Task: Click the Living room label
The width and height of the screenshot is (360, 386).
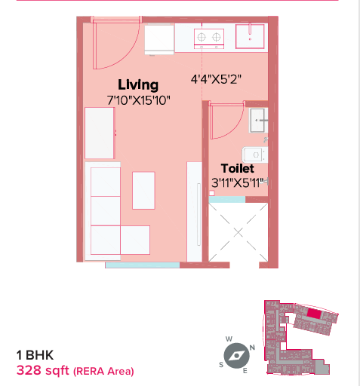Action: pos(138,85)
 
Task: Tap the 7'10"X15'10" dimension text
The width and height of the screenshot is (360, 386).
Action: pos(138,100)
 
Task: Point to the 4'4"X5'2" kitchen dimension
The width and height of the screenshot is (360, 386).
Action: pos(216,79)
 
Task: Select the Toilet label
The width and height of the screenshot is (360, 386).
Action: pos(238,168)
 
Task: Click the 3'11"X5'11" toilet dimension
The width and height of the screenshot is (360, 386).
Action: pos(238,182)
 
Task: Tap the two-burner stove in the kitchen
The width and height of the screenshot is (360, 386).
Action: pos(209,38)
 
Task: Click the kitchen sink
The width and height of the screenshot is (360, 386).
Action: pos(250,36)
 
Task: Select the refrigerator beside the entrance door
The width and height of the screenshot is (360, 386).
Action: pos(159,39)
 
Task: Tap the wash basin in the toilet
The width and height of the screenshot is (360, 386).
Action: pos(258,121)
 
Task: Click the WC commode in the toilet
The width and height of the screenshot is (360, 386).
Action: pos(255,155)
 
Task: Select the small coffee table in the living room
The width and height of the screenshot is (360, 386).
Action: pos(143,191)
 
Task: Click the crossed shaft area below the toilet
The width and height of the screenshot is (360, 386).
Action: pos(238,232)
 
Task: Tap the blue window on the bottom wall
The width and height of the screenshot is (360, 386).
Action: pos(143,265)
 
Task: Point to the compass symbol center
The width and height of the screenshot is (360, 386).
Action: pos(236,356)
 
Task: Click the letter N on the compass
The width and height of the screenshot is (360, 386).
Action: pos(252,348)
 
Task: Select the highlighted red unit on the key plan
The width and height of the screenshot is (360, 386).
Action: pos(314,314)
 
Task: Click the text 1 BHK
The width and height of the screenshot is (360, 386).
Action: pos(35,355)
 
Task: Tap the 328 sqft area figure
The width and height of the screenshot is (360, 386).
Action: pos(42,370)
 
